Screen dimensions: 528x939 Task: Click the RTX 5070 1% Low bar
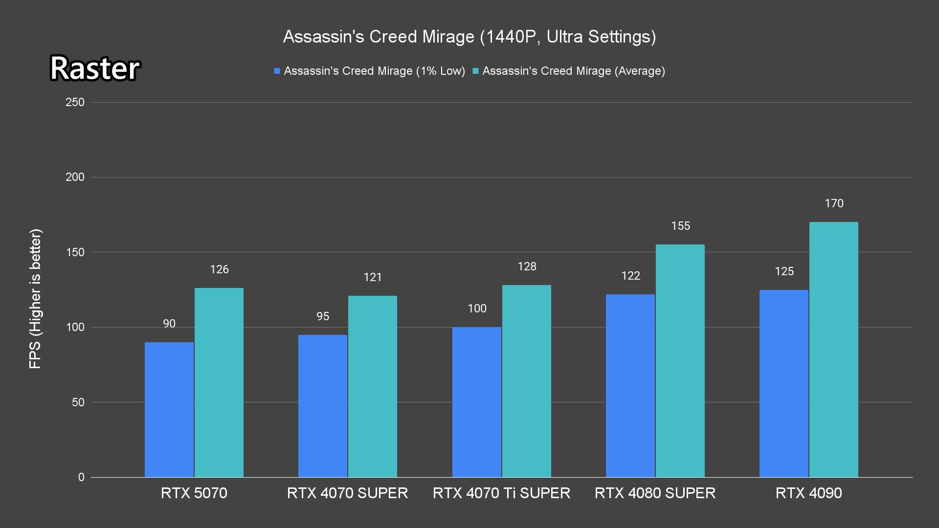point(169,410)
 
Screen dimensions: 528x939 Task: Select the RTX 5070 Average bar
point(219,382)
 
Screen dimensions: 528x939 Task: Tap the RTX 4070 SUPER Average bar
point(373,386)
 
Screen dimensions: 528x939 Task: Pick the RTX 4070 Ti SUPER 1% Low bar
point(477,402)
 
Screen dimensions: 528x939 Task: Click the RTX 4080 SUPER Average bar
point(680,361)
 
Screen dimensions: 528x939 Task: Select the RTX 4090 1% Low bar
point(784,383)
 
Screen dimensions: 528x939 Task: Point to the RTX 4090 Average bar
point(834,350)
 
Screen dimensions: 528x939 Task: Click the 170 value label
point(834,203)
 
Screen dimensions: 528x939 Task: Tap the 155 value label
point(680,226)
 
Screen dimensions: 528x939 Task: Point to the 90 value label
point(169,324)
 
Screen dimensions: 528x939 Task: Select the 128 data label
point(527,266)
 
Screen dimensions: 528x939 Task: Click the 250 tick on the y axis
point(75,102)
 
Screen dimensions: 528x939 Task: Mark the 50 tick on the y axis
point(78,402)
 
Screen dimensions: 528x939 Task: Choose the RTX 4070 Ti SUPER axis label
point(501,493)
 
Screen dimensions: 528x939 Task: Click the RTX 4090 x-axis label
point(808,493)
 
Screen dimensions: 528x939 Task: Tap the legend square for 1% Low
point(277,71)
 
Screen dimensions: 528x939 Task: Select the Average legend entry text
point(574,71)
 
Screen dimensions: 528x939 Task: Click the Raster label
point(95,68)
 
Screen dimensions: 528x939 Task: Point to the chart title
point(469,37)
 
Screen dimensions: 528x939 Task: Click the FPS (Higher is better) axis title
point(35,298)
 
